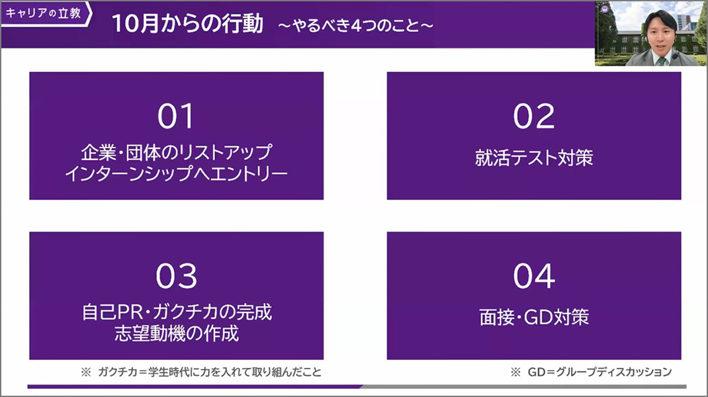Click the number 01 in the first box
(175, 116)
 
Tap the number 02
(534, 116)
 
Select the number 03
(177, 276)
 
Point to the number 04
(534, 276)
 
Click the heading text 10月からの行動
(187, 23)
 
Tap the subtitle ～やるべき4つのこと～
(356, 25)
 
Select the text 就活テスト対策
(534, 157)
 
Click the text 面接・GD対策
(534, 317)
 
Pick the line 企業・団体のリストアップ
(177, 153)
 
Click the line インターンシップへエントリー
(176, 174)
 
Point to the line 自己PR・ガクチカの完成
(177, 312)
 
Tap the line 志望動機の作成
(177, 333)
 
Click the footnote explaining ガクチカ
(201, 372)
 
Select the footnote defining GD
(591, 372)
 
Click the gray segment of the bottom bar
(524, 386)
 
